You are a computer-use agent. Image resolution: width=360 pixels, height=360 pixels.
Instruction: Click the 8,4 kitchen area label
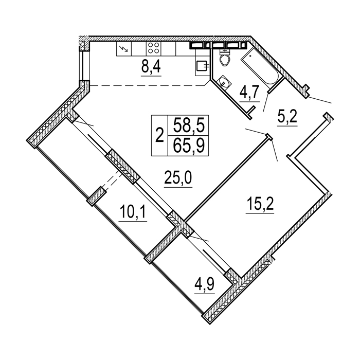click(x=151, y=67)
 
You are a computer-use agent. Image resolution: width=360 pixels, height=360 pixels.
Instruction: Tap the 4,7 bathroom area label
click(x=249, y=93)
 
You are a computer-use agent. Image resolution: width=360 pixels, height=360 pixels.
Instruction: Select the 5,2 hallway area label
click(x=287, y=118)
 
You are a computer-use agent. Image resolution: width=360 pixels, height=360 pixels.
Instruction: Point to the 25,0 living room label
click(x=178, y=178)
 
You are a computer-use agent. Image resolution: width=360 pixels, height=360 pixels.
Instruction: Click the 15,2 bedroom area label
click(x=260, y=205)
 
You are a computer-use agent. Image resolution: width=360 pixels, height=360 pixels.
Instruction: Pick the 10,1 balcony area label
click(x=133, y=212)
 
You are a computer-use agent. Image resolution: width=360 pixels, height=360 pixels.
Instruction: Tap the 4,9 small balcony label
click(x=204, y=285)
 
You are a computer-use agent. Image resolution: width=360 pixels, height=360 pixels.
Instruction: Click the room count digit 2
click(x=159, y=135)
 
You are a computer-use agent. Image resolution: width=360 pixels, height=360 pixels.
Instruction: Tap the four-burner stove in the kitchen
click(x=153, y=48)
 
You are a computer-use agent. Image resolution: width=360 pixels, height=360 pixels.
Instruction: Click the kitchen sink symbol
click(x=203, y=66)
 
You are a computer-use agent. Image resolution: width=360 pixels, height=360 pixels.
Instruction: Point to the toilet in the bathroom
click(x=224, y=58)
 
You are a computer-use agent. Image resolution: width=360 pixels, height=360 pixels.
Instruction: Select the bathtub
click(x=260, y=67)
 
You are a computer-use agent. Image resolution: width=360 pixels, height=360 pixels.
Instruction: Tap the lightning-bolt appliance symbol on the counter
click(x=124, y=48)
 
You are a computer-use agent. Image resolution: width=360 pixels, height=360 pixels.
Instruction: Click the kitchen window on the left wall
click(x=82, y=66)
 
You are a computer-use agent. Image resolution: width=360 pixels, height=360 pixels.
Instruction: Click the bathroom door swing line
click(x=266, y=102)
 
